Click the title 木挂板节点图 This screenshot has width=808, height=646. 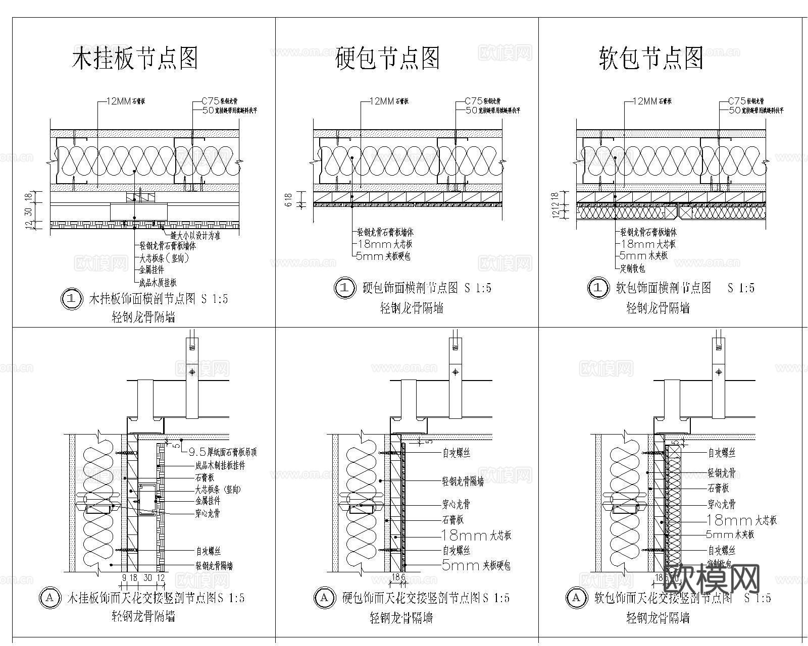click(x=135, y=58)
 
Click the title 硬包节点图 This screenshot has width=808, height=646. click(x=387, y=58)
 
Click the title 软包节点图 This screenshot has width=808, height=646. click(x=651, y=58)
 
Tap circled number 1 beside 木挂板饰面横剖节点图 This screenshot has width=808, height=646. click(x=71, y=299)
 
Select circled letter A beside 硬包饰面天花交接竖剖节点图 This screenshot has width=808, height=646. click(x=324, y=598)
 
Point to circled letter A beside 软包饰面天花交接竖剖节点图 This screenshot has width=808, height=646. click(x=576, y=598)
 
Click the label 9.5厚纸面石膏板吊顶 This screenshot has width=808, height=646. click(x=222, y=453)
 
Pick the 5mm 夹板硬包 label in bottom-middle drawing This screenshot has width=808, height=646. click(x=476, y=566)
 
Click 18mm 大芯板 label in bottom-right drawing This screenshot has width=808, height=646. click(x=742, y=520)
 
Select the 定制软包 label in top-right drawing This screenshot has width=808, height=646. click(x=633, y=268)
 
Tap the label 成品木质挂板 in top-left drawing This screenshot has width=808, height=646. click(x=158, y=283)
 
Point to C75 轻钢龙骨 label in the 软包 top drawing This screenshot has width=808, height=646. click(x=746, y=101)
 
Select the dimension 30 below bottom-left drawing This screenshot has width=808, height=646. click(x=147, y=577)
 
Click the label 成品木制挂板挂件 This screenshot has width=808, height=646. click(x=220, y=465)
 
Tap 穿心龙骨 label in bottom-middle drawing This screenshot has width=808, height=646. click(x=456, y=504)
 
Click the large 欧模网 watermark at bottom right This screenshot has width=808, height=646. click(x=711, y=578)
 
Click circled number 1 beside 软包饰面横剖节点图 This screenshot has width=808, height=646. click(x=598, y=288)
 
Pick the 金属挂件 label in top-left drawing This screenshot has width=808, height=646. click(x=151, y=270)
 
